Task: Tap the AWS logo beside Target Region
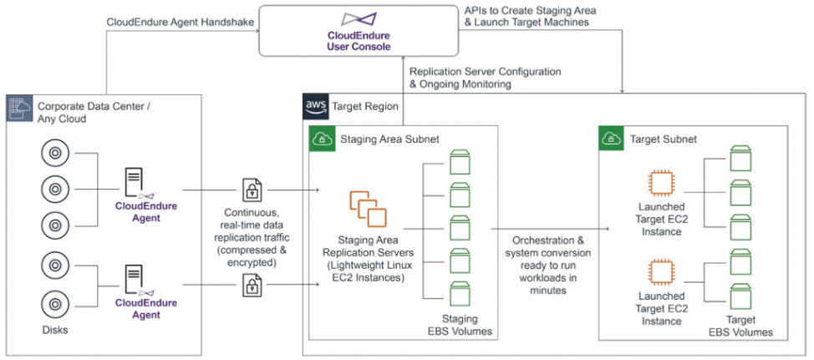coord(315,107)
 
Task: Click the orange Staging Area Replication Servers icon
coord(369,209)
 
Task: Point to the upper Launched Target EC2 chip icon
coord(661,184)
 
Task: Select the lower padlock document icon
coord(250,286)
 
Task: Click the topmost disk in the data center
coord(54,155)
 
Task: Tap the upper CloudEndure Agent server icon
coord(135,183)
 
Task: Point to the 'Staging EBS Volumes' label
coord(460,325)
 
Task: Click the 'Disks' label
coord(54,330)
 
